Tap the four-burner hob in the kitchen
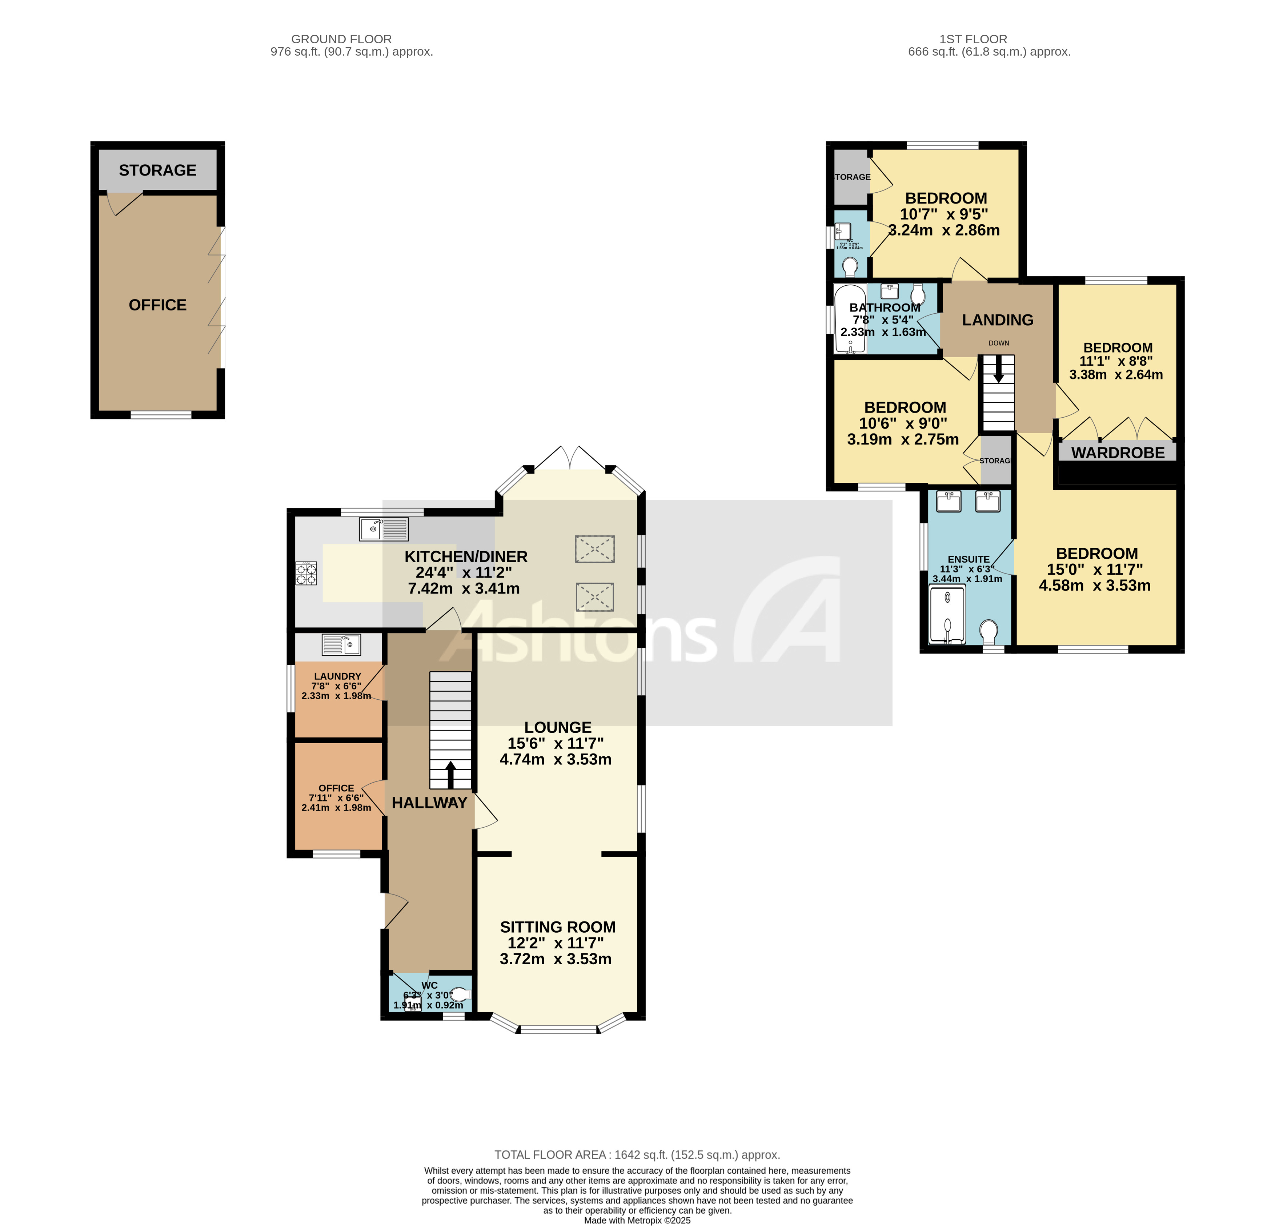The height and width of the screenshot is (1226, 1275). (306, 573)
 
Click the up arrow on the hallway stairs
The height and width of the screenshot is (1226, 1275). (450, 774)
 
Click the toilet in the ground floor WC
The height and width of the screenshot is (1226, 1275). (460, 994)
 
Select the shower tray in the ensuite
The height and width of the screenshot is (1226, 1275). (947, 614)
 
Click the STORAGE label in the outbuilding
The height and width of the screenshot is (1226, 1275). (157, 170)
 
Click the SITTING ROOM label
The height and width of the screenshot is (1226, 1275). (557, 927)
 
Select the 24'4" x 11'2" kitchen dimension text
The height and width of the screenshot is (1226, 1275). (464, 572)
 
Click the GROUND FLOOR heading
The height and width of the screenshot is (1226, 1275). (341, 39)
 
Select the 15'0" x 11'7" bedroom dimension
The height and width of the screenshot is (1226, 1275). (1094, 569)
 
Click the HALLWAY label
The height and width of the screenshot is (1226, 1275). (429, 803)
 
